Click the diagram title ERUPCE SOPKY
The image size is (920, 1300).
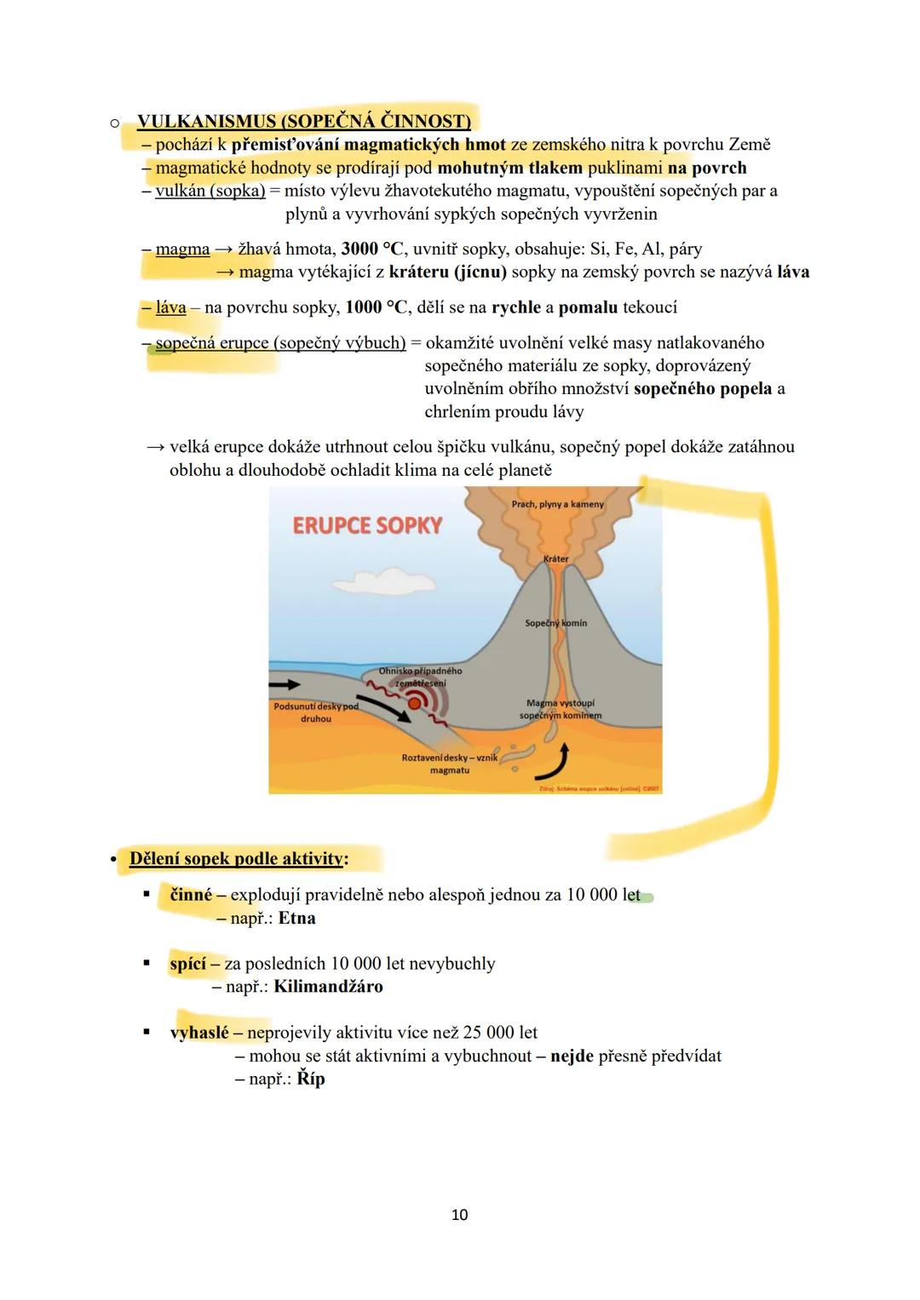(367, 524)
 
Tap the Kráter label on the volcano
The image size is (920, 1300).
(555, 559)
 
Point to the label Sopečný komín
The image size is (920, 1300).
(555, 623)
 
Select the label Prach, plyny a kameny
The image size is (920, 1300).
(557, 504)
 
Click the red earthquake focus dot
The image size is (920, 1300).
(414, 703)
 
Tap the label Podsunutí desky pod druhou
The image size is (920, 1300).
(316, 713)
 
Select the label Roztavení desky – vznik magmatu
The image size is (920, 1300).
(449, 764)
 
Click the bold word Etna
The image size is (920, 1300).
(296, 919)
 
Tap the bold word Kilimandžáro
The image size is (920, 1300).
(328, 987)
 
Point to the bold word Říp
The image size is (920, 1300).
(311, 1079)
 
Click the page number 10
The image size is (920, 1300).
(459, 1215)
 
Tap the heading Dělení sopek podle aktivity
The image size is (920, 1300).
(236, 858)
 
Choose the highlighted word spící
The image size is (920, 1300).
(188, 964)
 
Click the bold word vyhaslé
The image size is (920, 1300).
(199, 1033)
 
